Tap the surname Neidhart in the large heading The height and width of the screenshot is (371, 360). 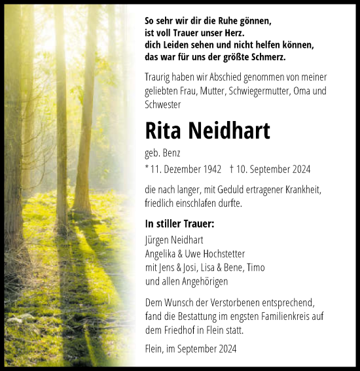coord(230,132)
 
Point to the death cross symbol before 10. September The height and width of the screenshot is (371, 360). coord(232,169)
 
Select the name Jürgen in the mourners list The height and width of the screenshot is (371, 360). coord(158,240)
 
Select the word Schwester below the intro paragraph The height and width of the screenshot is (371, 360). coord(164,105)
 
